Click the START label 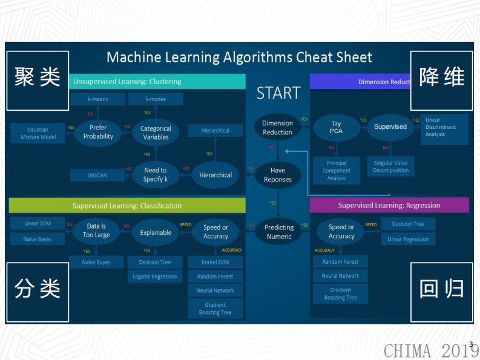(x=278, y=93)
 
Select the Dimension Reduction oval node (x=278, y=128)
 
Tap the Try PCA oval (x=336, y=127)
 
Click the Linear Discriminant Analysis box (x=444, y=128)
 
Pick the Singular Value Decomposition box (x=390, y=166)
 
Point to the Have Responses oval (x=278, y=175)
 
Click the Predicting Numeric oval (x=279, y=232)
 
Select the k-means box (x=97, y=99)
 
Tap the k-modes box (x=156, y=99)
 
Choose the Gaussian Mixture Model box (x=38, y=133)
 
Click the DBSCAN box (x=97, y=175)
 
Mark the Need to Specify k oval (x=156, y=175)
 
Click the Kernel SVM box (x=215, y=262)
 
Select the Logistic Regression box (x=155, y=277)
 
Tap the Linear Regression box (x=408, y=239)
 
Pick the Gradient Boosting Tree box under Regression (x=340, y=294)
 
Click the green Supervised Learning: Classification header (x=127, y=206)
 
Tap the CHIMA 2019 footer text (x=431, y=350)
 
